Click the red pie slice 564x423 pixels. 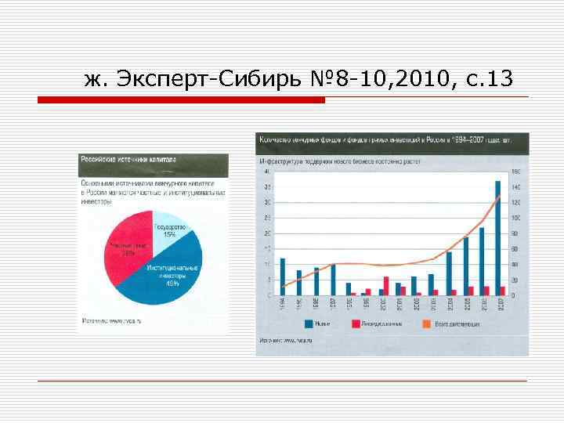[x=128, y=251]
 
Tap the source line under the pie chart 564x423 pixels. [x=110, y=319]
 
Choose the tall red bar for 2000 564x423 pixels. [x=386, y=286]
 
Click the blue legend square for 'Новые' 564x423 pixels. [x=309, y=323]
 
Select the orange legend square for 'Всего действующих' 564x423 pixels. [x=428, y=323]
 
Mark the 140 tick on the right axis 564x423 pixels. [x=515, y=187]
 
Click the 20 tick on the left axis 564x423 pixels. [x=267, y=233]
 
